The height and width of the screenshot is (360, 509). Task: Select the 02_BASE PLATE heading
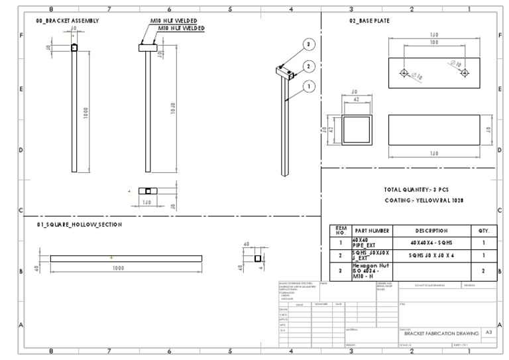369,21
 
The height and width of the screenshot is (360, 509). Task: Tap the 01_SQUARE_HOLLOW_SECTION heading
80,225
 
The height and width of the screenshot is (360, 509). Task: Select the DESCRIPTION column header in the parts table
431,231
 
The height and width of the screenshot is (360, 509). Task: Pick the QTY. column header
483,231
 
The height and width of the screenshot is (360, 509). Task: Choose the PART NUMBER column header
372,231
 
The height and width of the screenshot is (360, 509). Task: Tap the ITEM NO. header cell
341,231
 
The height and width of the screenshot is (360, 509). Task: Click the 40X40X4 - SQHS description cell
431,243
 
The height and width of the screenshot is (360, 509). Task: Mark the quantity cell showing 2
483,270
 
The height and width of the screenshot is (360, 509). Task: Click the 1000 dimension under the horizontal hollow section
118,268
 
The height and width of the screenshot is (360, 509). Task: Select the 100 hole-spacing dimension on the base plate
433,42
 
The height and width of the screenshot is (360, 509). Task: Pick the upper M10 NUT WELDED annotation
174,21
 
